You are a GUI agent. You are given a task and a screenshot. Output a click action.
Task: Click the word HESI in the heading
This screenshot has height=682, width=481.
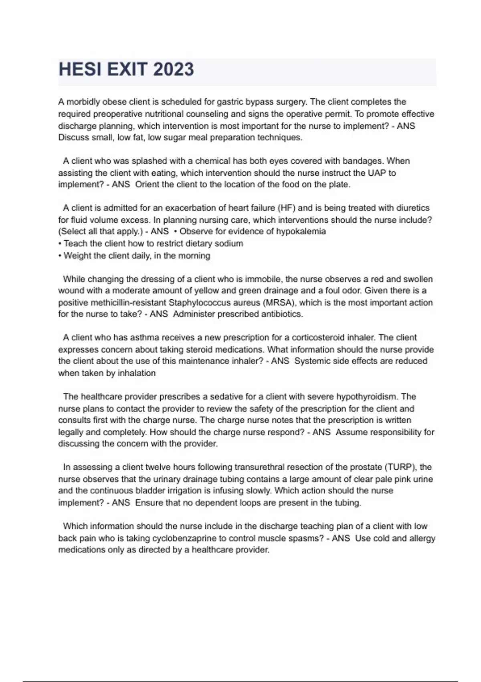tap(79, 69)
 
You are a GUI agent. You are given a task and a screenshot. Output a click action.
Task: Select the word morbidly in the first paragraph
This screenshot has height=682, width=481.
tap(83, 102)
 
